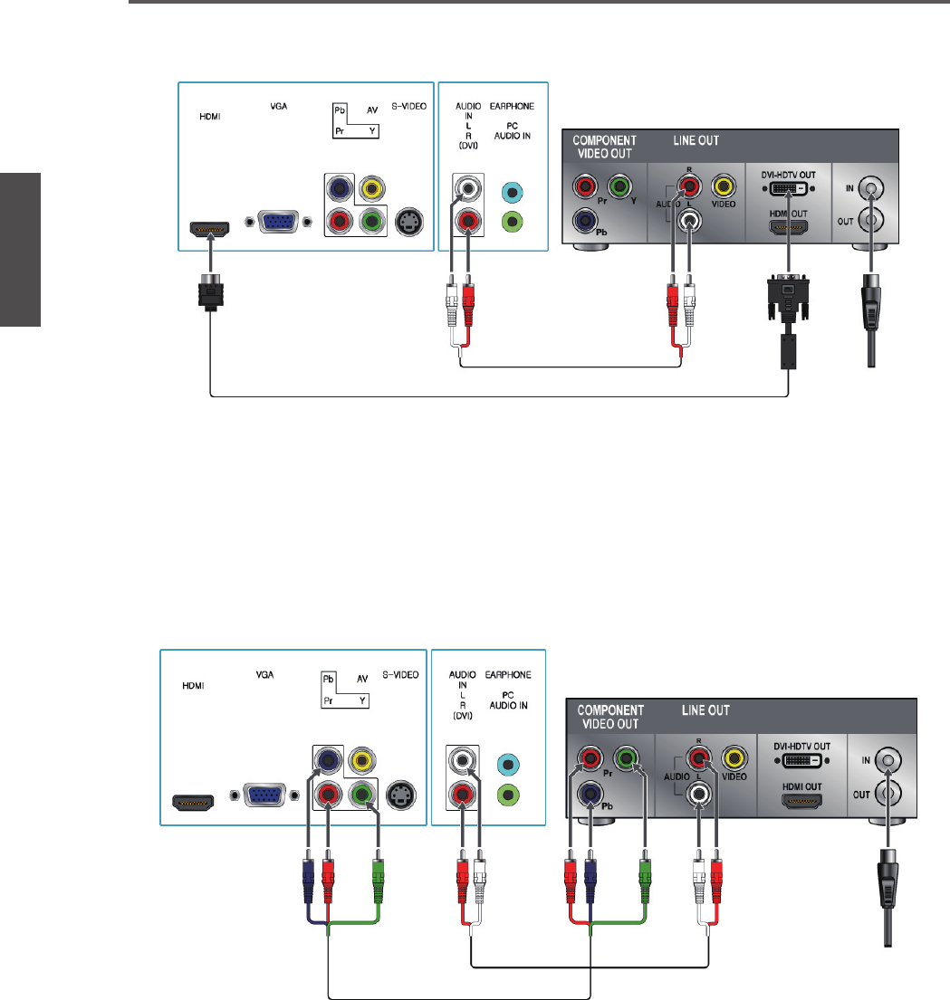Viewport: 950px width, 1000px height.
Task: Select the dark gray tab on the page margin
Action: [x=20, y=248]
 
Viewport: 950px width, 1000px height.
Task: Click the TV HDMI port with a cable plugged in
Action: [x=211, y=229]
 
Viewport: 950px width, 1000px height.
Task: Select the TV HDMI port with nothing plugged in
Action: [x=193, y=802]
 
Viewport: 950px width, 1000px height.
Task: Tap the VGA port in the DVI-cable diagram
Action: [x=272, y=223]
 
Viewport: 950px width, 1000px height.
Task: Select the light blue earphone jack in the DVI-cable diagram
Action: [x=511, y=192]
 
